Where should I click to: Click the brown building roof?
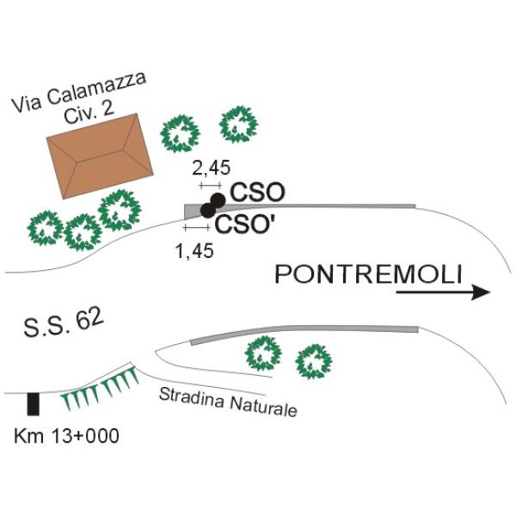[100, 156]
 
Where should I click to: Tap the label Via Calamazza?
[79, 92]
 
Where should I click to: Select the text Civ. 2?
[89, 113]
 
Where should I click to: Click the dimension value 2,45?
[212, 168]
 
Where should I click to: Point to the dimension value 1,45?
[194, 251]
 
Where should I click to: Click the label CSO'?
[245, 224]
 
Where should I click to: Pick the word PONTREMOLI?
[369, 275]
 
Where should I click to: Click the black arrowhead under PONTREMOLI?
[481, 292]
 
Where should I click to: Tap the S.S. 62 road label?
[64, 323]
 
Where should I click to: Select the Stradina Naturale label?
[228, 402]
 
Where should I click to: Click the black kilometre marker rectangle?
[34, 404]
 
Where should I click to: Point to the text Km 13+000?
[66, 436]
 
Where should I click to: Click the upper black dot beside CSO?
[218, 200]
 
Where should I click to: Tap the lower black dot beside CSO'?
[207, 211]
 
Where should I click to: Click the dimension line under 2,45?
[211, 186]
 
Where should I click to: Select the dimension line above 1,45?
[197, 227]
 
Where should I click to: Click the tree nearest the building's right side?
[181, 133]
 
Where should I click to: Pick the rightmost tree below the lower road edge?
[314, 362]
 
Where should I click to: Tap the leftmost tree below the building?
[46, 228]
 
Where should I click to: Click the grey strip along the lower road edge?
[304, 331]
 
